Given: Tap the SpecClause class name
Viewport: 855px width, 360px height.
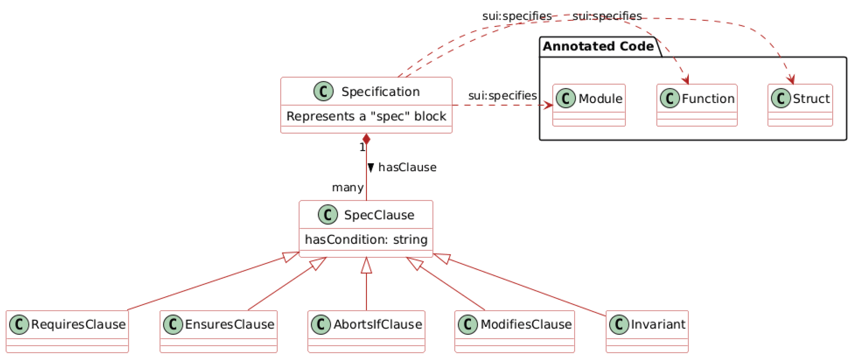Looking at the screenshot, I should [379, 215].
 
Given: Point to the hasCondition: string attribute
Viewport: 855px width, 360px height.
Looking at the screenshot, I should [366, 239].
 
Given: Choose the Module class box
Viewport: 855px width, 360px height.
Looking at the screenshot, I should [589, 105].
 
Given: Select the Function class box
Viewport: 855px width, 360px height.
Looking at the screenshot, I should [697, 105].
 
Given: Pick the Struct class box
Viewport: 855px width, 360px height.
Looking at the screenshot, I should [800, 105].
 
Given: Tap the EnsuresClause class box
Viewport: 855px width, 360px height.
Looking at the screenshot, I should [218, 331].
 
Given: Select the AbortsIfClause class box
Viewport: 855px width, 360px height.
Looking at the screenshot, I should [366, 331].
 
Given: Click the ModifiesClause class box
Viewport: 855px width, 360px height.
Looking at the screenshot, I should [514, 331].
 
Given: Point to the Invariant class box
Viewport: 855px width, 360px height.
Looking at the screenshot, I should [647, 331].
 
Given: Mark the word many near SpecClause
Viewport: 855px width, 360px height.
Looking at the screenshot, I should [347, 188].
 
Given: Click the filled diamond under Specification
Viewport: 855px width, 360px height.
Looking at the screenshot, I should [366, 139].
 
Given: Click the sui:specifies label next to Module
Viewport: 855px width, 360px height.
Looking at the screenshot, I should [502, 95].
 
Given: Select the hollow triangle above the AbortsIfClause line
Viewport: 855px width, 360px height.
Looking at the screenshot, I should [366, 266].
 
